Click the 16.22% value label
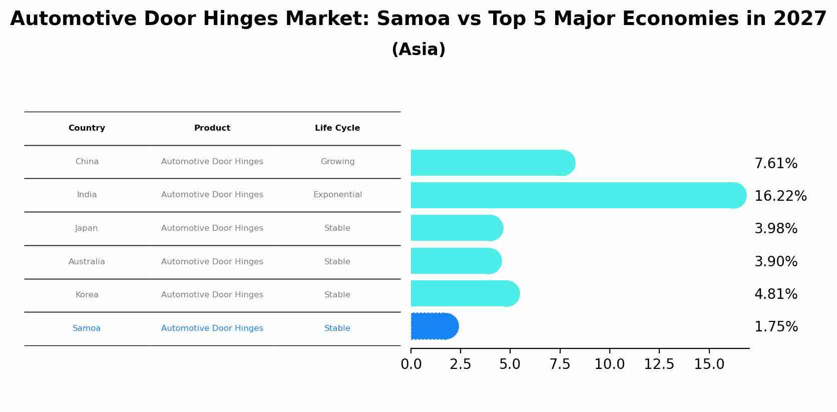[x=780, y=196]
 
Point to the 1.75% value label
[x=775, y=327]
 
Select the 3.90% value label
[x=775, y=262]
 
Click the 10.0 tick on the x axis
[x=609, y=364]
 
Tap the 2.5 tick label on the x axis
[x=460, y=364]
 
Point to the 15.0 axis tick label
[x=709, y=364]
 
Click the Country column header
[x=87, y=128]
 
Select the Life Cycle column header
[x=337, y=128]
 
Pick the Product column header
[x=212, y=128]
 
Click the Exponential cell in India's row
[x=337, y=195]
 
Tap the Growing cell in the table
[x=337, y=162]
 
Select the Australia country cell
[x=87, y=262]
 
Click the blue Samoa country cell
[x=87, y=328]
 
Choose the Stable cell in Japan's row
[x=337, y=228]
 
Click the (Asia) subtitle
[x=418, y=50]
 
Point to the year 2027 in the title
[x=799, y=19]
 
